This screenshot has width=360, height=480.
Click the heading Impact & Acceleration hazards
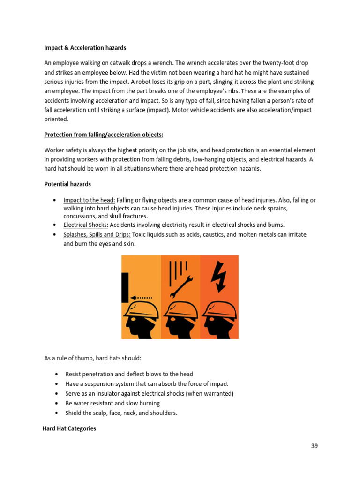click(85, 48)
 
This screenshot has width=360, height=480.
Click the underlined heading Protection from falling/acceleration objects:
click(104, 135)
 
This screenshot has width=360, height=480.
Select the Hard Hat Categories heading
click(69, 428)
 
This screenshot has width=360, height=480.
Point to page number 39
click(314, 446)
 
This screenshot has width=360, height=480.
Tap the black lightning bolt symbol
click(218, 275)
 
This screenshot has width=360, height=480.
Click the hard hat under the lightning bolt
click(218, 310)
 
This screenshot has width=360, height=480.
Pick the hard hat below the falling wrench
click(180, 310)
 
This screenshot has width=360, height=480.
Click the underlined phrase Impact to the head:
click(89, 200)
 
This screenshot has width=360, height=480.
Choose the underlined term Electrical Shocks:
click(86, 225)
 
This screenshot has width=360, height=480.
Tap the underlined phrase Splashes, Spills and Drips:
click(97, 234)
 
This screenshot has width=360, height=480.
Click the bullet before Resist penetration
click(57, 374)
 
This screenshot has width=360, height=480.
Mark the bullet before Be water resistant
click(57, 403)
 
